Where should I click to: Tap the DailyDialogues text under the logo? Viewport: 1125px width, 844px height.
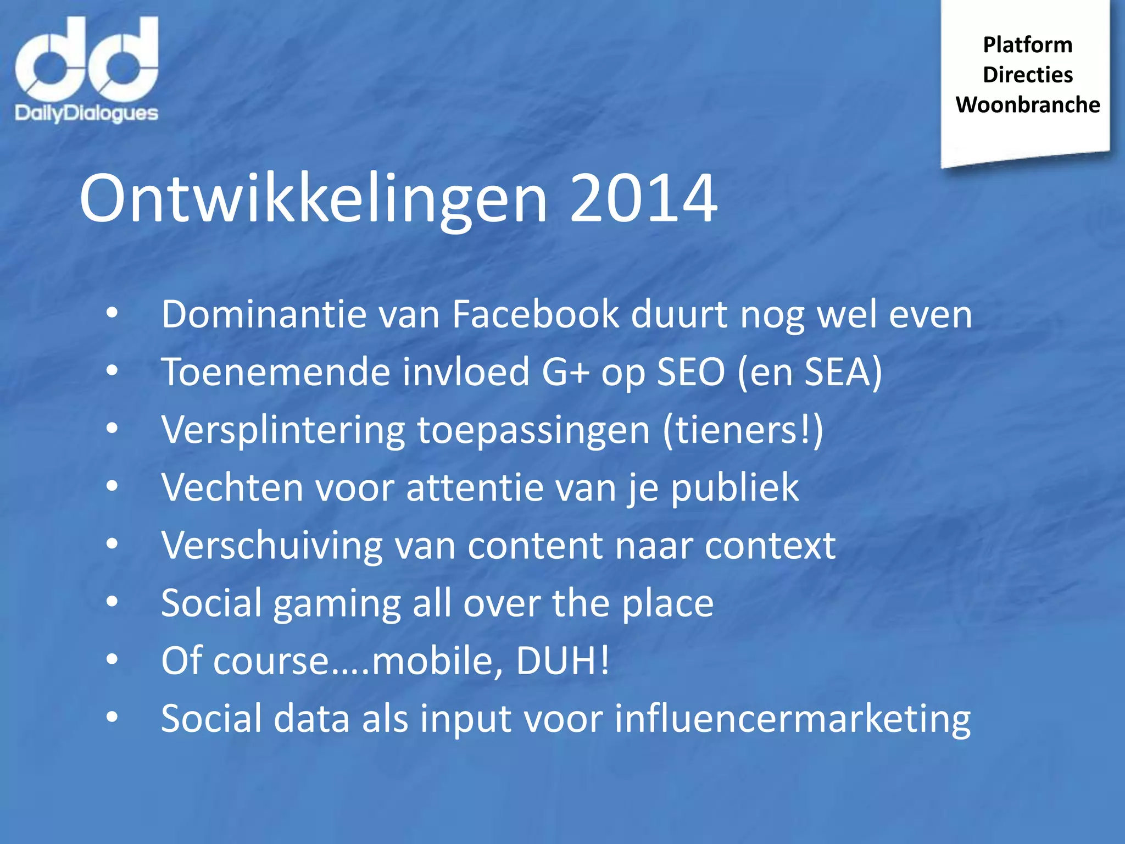click(x=87, y=113)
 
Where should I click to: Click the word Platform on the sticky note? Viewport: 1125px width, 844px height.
click(x=1027, y=45)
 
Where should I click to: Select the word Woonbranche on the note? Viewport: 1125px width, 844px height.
click(x=1027, y=104)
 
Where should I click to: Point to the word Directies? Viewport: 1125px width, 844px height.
click(x=1027, y=75)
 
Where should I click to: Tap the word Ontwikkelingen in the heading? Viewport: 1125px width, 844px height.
click(x=313, y=199)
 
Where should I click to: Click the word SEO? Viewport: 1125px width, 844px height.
click(x=691, y=372)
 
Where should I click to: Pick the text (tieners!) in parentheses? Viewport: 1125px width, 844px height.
click(x=743, y=430)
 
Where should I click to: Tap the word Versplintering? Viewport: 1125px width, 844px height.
click(x=283, y=431)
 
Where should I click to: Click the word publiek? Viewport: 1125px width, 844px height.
click(x=734, y=488)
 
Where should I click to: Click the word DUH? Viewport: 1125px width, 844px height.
click(x=562, y=660)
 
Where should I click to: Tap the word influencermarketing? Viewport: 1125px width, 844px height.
click(x=792, y=719)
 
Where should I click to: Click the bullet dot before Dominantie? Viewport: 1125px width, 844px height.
click(x=112, y=313)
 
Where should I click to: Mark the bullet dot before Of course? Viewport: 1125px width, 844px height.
click(x=112, y=659)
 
